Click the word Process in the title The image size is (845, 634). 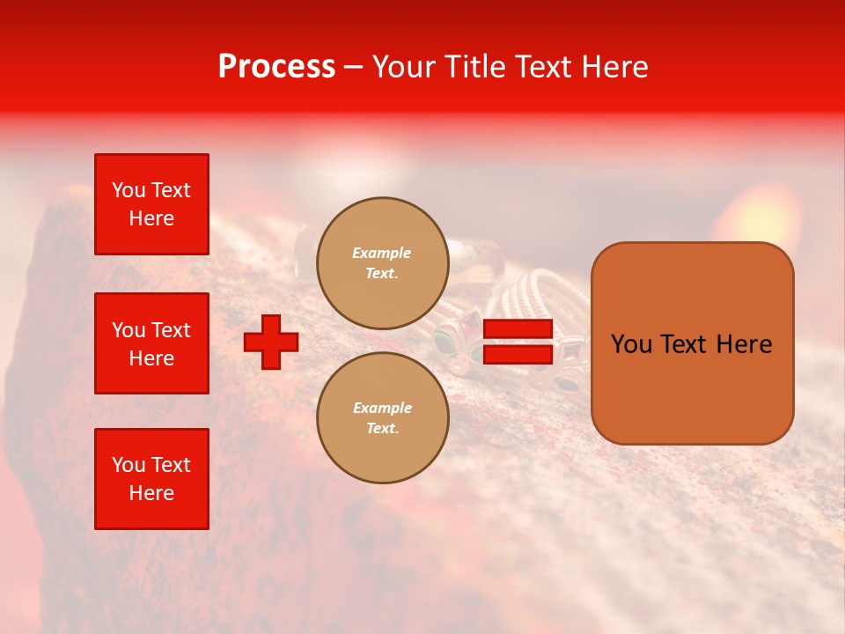coord(276,67)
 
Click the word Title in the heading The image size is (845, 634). coord(475,67)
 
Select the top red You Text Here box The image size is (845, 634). coord(151,204)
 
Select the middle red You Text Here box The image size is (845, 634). coord(151,343)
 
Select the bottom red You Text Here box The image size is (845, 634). coord(151,479)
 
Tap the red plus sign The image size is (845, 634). coord(271,342)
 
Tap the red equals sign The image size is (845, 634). coord(518,342)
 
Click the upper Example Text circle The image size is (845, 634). coord(382,262)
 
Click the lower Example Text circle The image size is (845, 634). coord(382,417)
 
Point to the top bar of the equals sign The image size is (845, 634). coord(518,329)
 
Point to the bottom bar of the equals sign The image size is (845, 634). coord(518,354)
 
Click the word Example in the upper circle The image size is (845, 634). coord(382,253)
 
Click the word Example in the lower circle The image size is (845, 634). coord(382,408)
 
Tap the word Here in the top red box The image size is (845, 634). coord(151,218)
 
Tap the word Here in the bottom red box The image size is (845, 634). coord(151,493)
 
